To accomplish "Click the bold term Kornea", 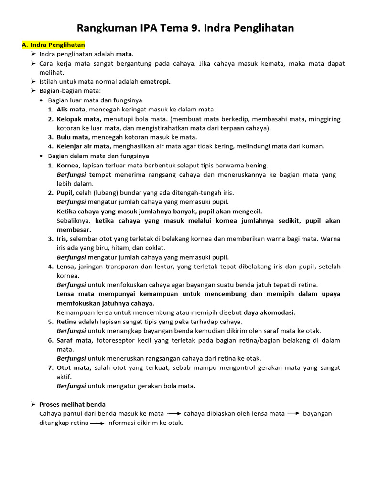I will pyautogui.click(x=68, y=165).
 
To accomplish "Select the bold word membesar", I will pyautogui.click(x=74, y=230).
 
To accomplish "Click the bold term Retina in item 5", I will pyautogui.click(x=67, y=322).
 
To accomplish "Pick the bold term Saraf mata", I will pyautogui.click(x=75, y=340).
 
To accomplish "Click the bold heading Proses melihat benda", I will pyautogui.click(x=72, y=404).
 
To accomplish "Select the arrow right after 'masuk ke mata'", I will pyautogui.click(x=174, y=414).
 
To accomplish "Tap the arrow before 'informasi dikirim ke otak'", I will pyautogui.click(x=97, y=423).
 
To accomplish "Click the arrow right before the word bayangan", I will pyautogui.click(x=293, y=414).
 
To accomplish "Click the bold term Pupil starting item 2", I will pyautogui.click(x=65, y=193).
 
